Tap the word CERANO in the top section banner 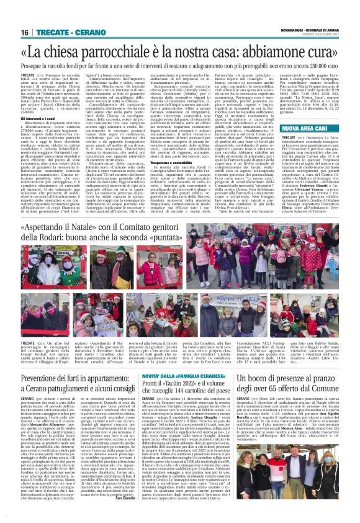pyautogui.click(x=80, y=32)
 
